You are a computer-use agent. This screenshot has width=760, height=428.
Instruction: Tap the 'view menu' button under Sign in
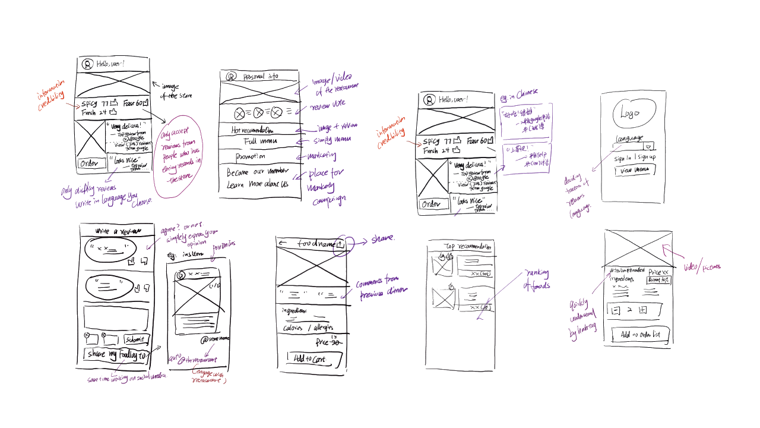coord(634,170)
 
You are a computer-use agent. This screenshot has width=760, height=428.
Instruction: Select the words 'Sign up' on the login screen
coord(646,158)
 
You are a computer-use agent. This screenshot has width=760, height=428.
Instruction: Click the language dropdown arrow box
coord(649,146)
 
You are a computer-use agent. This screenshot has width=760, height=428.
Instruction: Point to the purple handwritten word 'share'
coord(383,239)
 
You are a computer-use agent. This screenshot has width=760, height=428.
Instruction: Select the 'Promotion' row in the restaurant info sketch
coord(250,156)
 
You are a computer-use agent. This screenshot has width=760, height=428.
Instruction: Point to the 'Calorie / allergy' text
coord(308,328)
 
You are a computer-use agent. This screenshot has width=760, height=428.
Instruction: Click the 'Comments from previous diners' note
coord(381,285)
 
